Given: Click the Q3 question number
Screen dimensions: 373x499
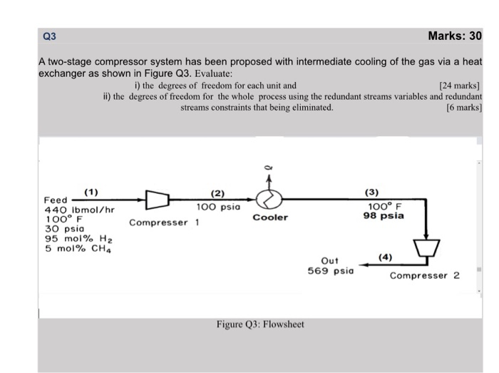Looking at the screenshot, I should tap(49, 36).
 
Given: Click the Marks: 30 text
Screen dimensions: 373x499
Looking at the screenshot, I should tap(455, 36).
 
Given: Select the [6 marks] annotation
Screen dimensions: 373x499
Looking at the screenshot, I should tap(464, 108).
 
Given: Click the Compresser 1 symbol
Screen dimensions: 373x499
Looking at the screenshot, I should tap(157, 200).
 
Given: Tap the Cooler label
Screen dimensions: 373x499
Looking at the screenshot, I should tap(270, 218).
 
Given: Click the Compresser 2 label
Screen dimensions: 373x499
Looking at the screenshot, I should tap(425, 275).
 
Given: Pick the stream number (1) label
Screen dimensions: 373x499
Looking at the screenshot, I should tap(91, 191).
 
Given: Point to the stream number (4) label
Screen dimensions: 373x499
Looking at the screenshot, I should tap(385, 257).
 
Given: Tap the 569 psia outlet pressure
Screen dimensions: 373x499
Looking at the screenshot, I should tap(330, 270).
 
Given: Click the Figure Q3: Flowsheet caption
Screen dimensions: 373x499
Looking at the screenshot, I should tap(260, 325).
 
